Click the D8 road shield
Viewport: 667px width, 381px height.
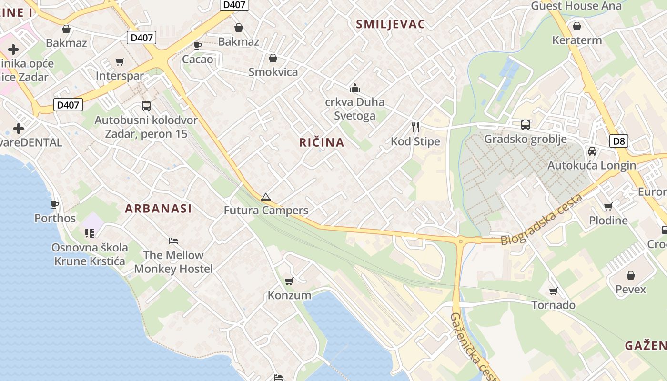pos(619,141)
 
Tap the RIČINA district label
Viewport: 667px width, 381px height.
pos(322,142)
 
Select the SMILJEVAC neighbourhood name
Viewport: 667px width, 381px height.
pos(390,25)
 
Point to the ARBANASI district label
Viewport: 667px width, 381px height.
pos(158,209)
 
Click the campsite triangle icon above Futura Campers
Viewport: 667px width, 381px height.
pos(265,197)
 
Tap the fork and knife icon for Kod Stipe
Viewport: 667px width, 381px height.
pos(415,127)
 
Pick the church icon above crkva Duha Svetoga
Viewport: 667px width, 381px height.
pos(354,88)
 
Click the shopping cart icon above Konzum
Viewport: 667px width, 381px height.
pos(289,281)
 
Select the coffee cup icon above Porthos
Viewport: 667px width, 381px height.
pos(55,204)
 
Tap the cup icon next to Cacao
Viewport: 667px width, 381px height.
pos(197,45)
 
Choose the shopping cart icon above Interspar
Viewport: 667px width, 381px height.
pos(120,61)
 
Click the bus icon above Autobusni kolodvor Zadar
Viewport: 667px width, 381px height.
pos(146,106)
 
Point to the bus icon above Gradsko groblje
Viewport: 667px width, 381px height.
pos(525,124)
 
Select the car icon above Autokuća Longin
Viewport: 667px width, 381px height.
pos(592,151)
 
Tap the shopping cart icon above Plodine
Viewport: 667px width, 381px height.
pos(608,206)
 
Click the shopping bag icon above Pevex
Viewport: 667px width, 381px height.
pos(630,275)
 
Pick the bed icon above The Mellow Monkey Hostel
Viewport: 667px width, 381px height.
pos(173,241)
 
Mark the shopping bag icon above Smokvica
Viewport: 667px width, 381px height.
pos(273,58)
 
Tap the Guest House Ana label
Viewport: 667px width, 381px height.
pos(576,6)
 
